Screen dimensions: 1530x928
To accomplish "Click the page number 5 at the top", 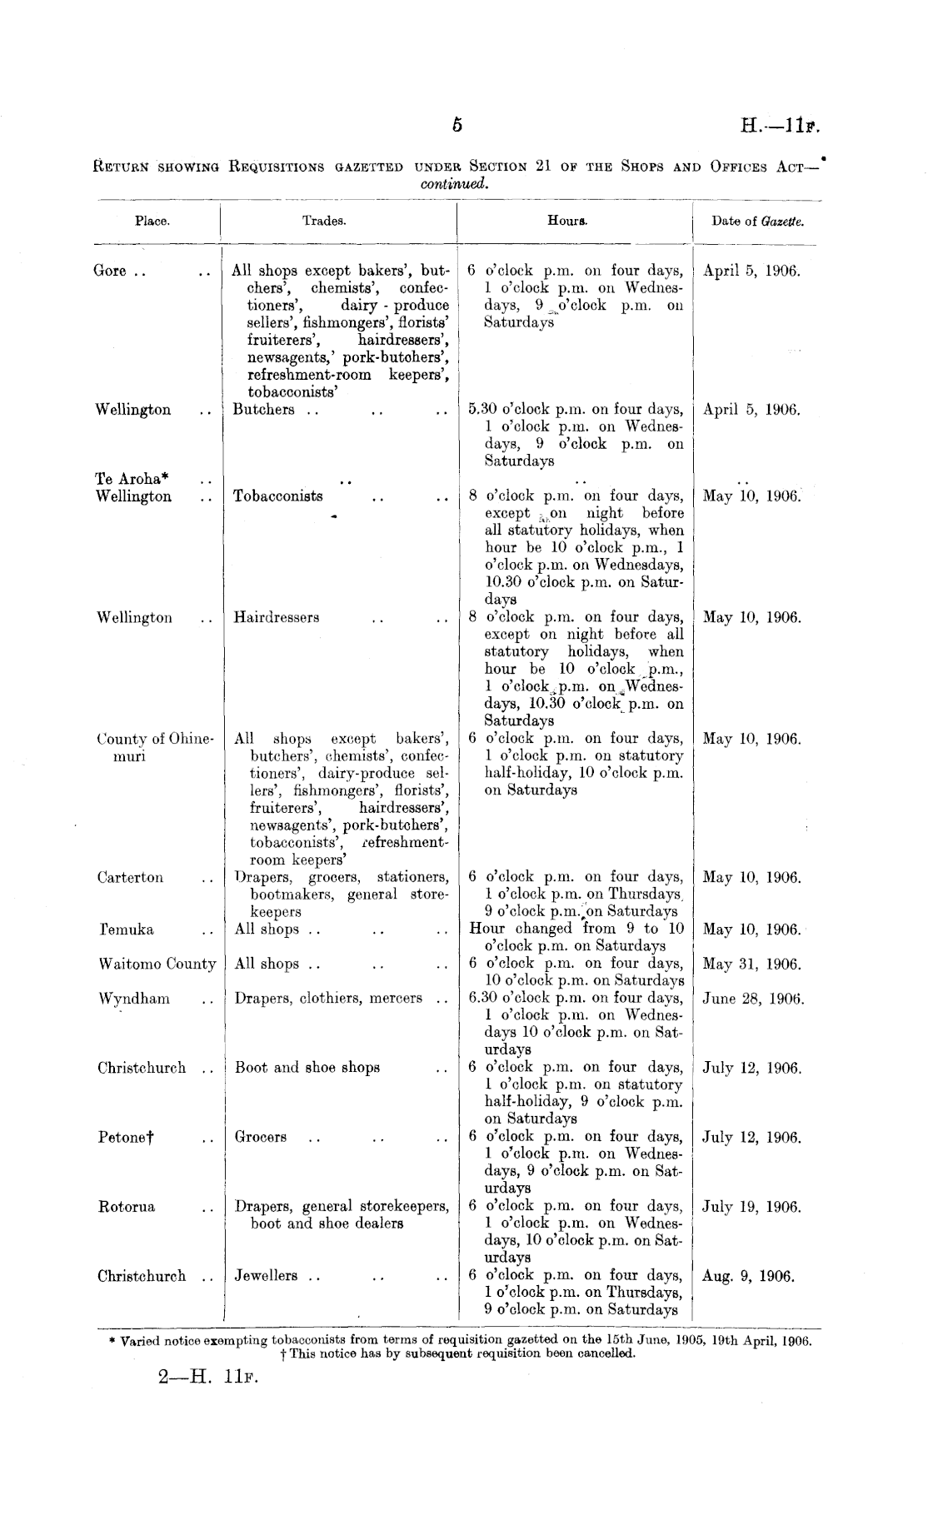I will pos(457,126).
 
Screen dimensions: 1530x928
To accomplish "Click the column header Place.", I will pos(152,222).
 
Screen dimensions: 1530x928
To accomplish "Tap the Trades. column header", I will pos(324,222).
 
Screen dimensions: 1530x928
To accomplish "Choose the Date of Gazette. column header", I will pos(757,222).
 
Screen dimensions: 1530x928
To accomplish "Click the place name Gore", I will pos(111,271).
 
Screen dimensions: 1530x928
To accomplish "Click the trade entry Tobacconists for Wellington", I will pos(278,496).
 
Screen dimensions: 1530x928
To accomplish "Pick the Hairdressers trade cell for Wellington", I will pos(277,618).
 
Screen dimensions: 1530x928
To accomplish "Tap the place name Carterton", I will pos(131,878).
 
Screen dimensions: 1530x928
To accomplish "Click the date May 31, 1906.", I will pos(751,964).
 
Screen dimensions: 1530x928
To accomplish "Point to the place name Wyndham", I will pos(133,999).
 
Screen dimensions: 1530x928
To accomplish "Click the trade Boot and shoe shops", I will pos(307,1068).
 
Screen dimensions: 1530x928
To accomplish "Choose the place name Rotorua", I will pos(126,1207).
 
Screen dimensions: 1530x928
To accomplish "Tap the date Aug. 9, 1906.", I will pos(748,1276).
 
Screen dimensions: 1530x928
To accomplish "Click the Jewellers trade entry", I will pos(267,1276).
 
